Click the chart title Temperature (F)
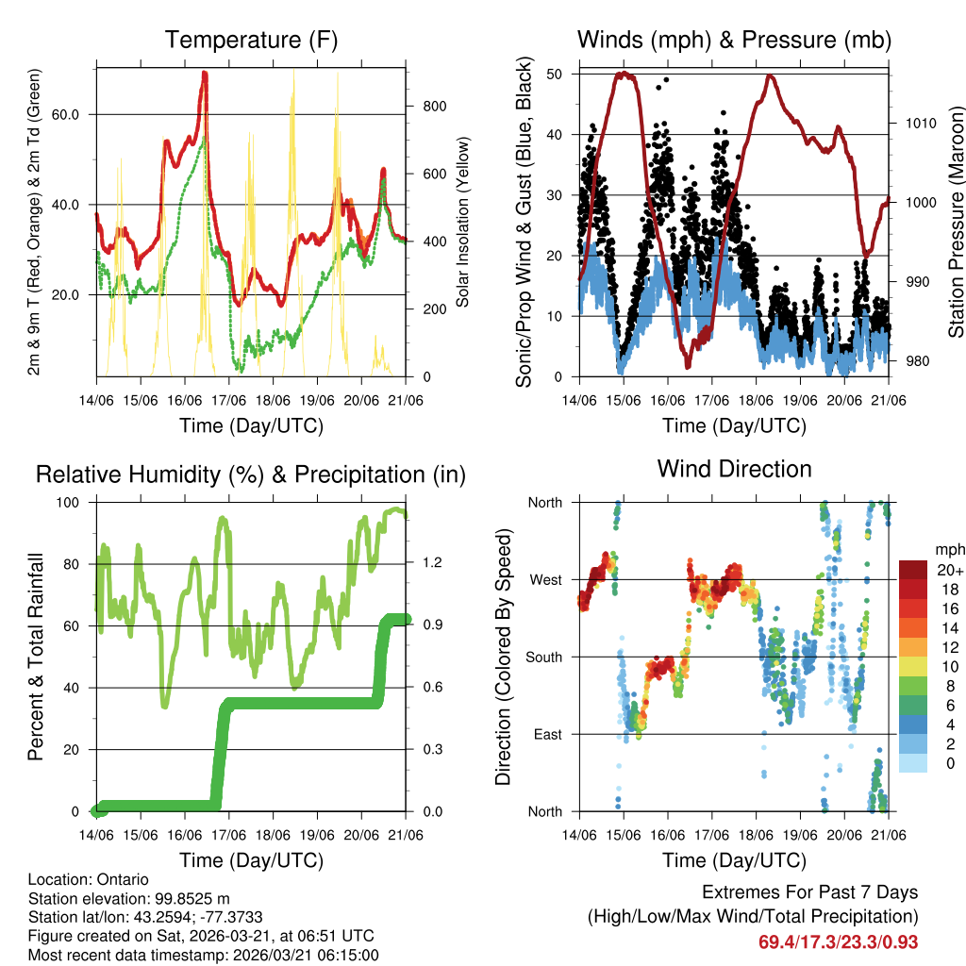click(x=251, y=40)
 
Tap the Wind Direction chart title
click(x=734, y=469)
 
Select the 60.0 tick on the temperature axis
click(x=75, y=114)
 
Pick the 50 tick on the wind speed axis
click(x=555, y=74)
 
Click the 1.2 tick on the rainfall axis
click(x=431, y=563)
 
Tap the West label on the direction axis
click(x=544, y=579)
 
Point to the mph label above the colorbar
click(x=948, y=548)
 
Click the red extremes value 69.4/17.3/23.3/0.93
click(x=838, y=941)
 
